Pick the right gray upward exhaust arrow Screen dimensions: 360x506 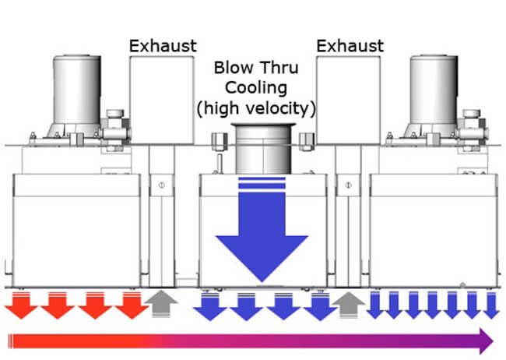[348, 305]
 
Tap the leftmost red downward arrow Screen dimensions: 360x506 [20, 305]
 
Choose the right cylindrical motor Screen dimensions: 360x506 [434, 94]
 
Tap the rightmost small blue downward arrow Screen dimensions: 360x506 [490, 305]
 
